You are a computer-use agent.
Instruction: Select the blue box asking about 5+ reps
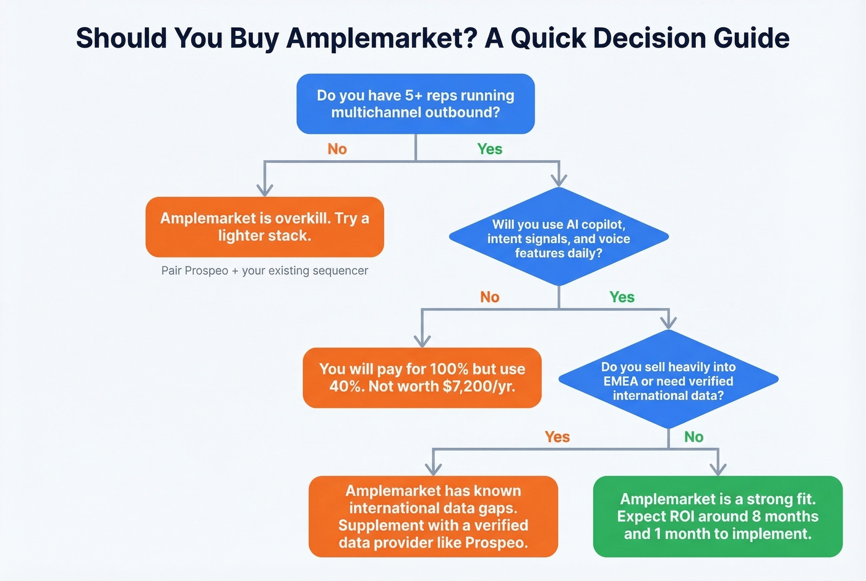[x=416, y=104]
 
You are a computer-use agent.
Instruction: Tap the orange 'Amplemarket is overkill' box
[x=265, y=227]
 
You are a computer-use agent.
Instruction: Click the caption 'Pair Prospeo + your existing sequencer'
[x=265, y=271]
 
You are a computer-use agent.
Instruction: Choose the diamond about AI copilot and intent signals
[x=559, y=238]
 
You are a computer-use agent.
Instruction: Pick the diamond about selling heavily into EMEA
[x=668, y=381]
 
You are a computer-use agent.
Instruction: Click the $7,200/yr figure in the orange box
[x=479, y=387]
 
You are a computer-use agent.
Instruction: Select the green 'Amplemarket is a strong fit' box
[x=718, y=517]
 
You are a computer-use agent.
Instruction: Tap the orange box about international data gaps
[x=433, y=517]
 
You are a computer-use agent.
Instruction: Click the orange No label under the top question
[x=337, y=149]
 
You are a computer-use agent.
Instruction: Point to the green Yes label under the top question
[x=490, y=149]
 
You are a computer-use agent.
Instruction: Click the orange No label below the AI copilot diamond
[x=490, y=297]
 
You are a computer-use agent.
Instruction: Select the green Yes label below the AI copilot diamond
[x=622, y=297]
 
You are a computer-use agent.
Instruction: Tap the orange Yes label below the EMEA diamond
[x=557, y=437]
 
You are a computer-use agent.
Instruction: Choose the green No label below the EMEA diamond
[x=694, y=437]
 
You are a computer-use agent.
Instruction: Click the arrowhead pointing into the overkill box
[x=265, y=189]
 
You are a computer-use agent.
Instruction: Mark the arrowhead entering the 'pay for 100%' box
[x=422, y=340]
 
